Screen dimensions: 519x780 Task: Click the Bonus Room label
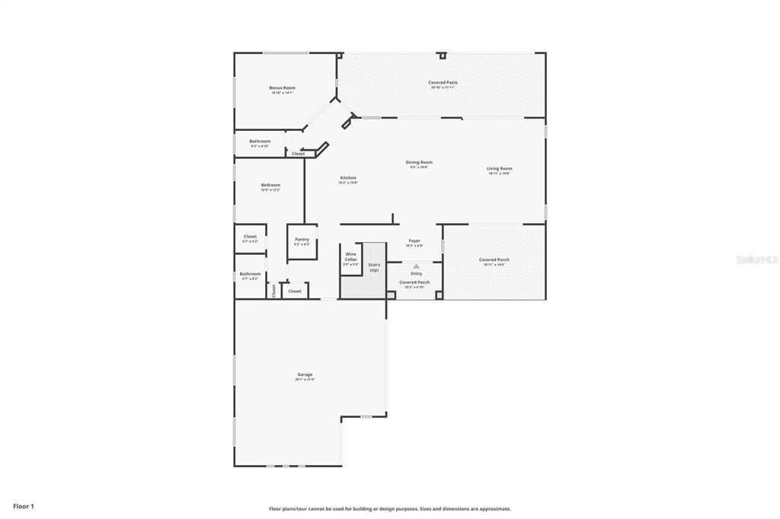[282, 88]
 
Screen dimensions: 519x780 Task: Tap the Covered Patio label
[443, 82]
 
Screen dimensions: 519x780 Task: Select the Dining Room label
[419, 162]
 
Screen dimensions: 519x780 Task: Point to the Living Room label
[500, 168]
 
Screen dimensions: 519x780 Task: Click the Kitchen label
[347, 178]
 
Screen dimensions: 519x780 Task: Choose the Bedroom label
[270, 185]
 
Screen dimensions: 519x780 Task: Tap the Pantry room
[302, 241]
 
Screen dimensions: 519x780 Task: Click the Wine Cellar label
[350, 256]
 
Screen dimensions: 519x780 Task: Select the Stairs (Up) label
[374, 267]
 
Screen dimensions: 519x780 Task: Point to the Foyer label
[414, 240]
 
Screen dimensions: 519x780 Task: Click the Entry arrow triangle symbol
[416, 266]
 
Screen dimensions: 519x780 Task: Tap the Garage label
[305, 374]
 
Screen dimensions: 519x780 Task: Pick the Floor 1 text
[24, 506]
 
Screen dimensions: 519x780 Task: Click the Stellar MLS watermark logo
[756, 259]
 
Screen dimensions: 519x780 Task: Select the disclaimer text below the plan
[389, 509]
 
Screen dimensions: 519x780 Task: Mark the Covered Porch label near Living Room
[494, 259]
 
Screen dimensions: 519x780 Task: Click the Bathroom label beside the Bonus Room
[260, 141]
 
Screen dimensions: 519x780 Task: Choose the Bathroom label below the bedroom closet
[250, 274]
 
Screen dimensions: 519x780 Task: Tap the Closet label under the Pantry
[295, 291]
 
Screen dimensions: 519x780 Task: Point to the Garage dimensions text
[305, 379]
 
